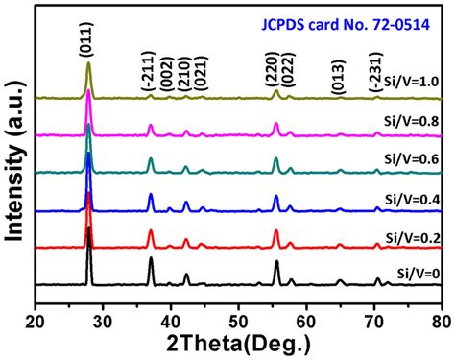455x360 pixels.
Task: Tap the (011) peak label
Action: pyautogui.click(x=89, y=40)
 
